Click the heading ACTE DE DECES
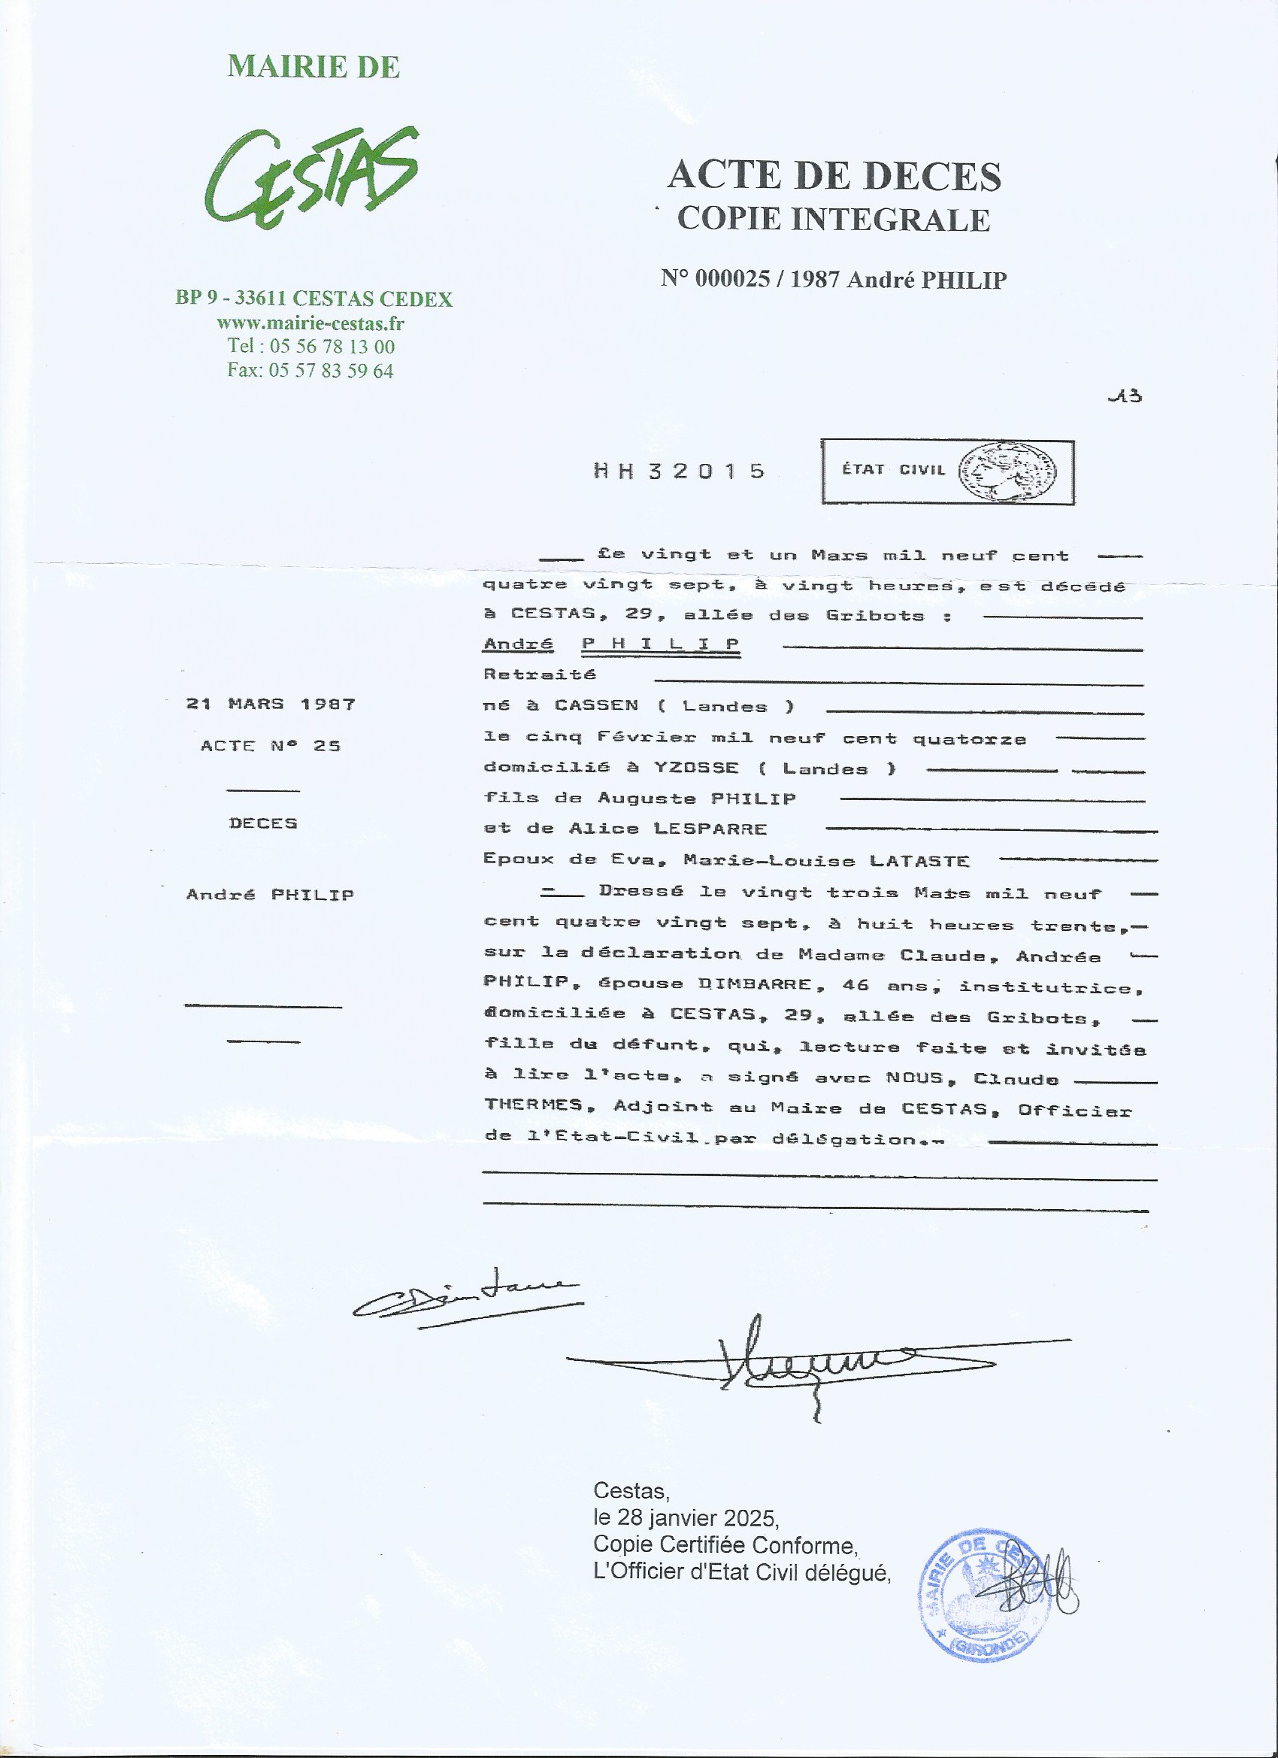click(x=834, y=175)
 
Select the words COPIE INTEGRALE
click(x=834, y=220)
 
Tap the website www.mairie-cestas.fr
click(x=310, y=323)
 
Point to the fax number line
click(x=310, y=371)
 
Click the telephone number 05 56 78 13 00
click(x=332, y=347)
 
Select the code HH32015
click(x=680, y=471)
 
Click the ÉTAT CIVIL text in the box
click(x=894, y=470)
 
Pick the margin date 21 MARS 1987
click(x=271, y=704)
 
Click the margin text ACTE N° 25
click(x=271, y=746)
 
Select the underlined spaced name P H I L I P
click(x=660, y=644)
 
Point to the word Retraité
click(x=540, y=674)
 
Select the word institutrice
click(x=1051, y=987)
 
